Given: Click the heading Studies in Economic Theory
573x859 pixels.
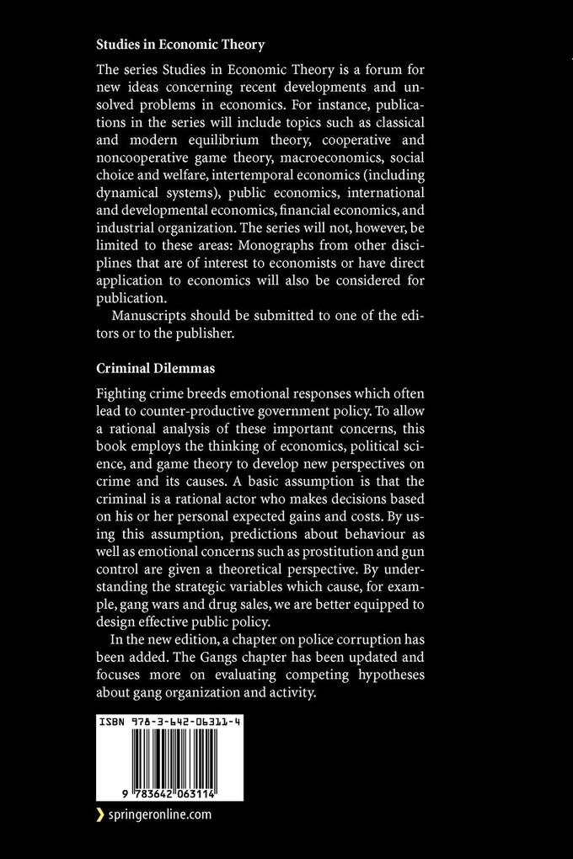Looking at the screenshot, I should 169,44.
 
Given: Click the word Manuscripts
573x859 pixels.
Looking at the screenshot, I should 153,315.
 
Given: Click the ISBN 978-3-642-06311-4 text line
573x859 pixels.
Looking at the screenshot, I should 169,723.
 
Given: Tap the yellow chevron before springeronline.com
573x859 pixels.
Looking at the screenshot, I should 100,814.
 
